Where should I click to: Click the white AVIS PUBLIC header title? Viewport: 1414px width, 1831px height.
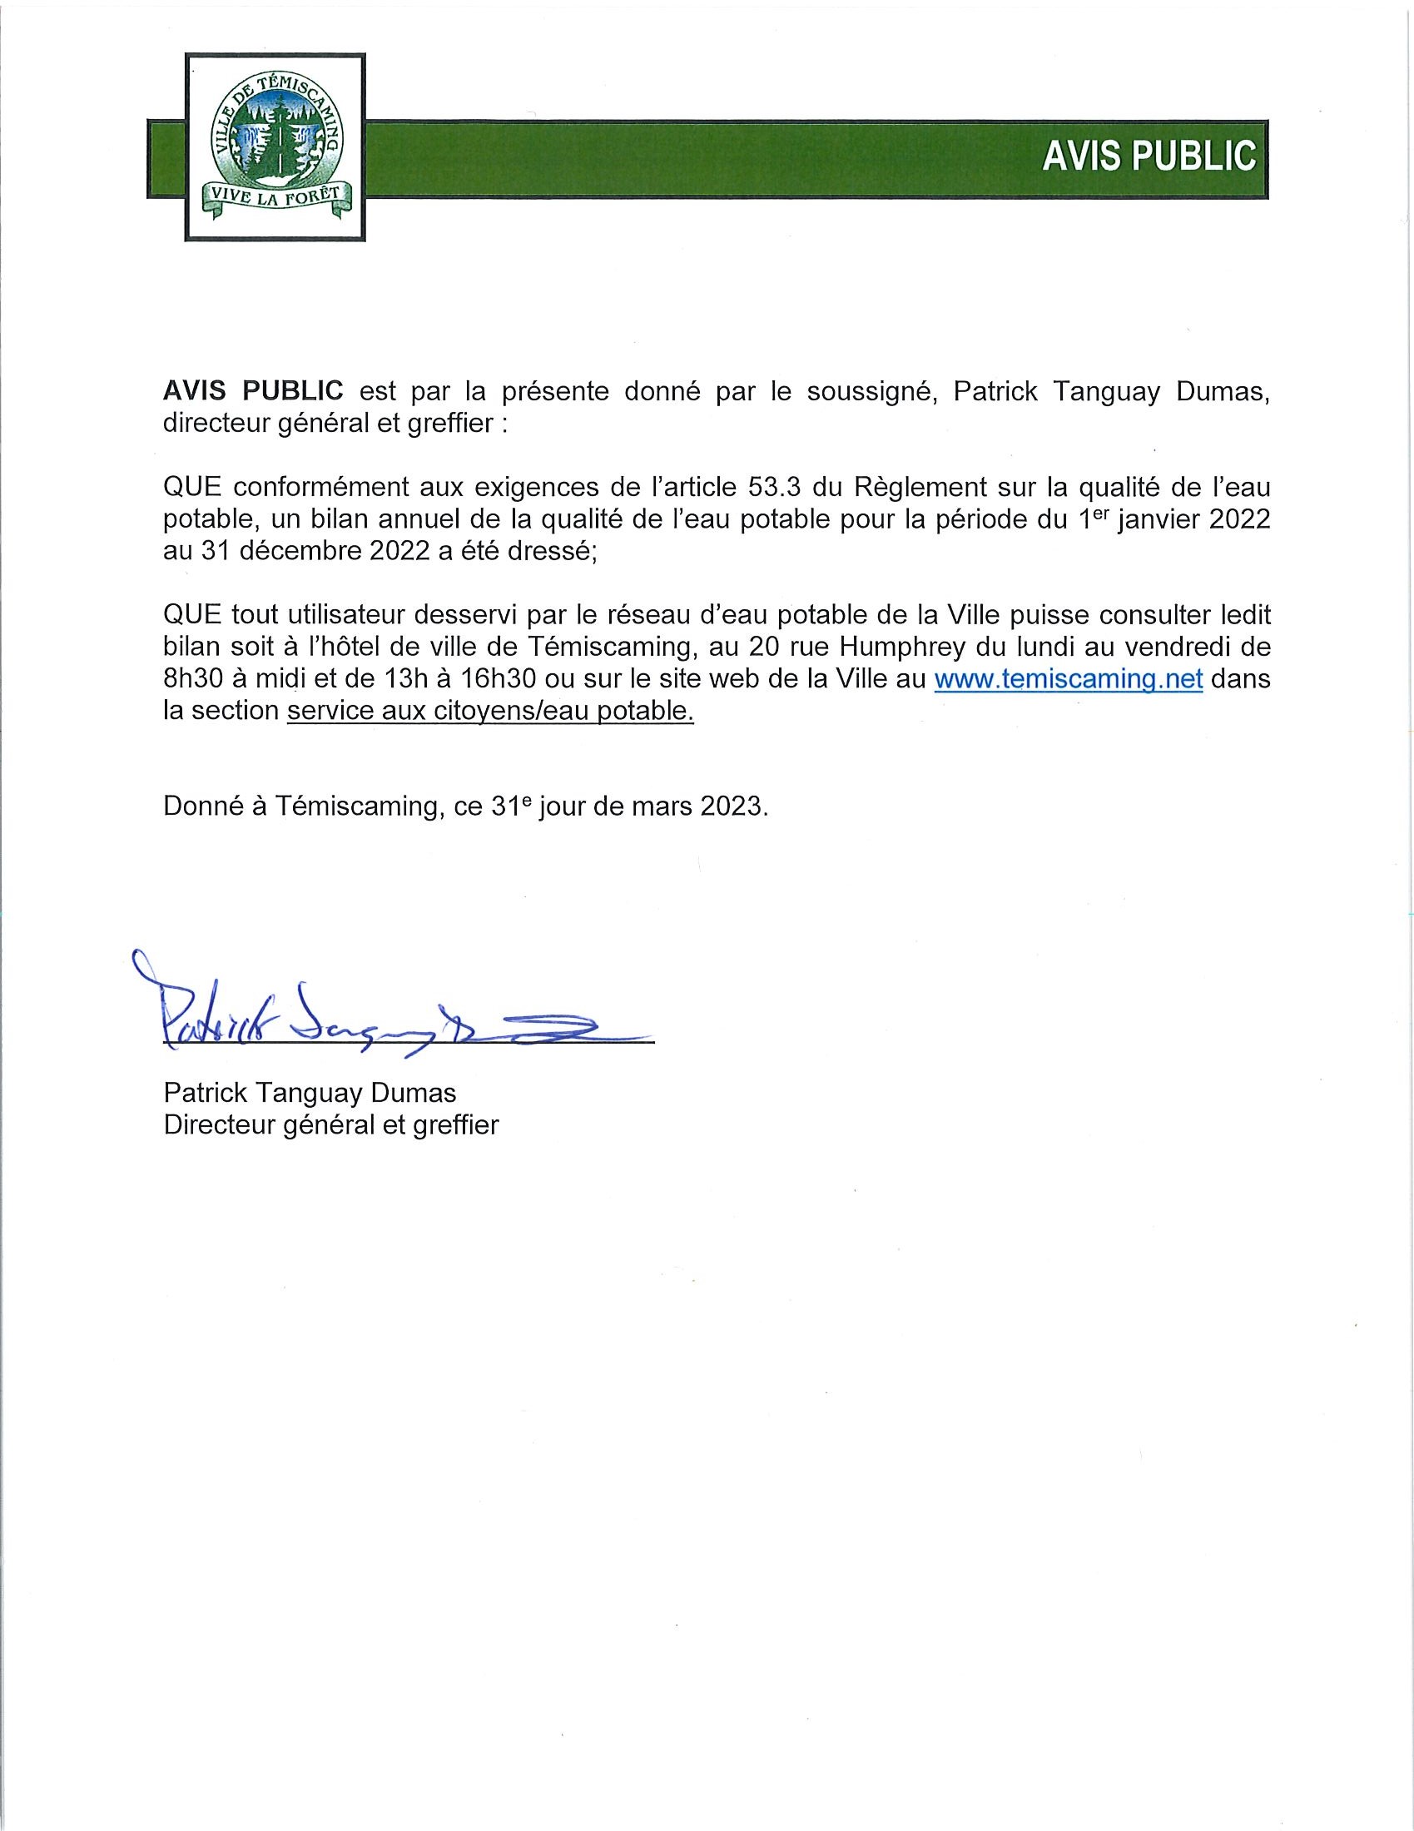click(1149, 156)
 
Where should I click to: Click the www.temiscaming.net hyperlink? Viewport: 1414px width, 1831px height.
click(1069, 678)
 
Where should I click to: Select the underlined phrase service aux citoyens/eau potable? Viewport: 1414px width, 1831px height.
click(490, 711)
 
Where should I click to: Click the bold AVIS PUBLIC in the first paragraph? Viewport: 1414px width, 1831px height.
click(253, 390)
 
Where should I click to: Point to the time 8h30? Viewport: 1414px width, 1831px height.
click(192, 678)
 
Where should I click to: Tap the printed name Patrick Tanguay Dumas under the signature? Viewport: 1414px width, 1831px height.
click(310, 1093)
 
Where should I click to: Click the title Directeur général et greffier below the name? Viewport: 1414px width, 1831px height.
click(331, 1124)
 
